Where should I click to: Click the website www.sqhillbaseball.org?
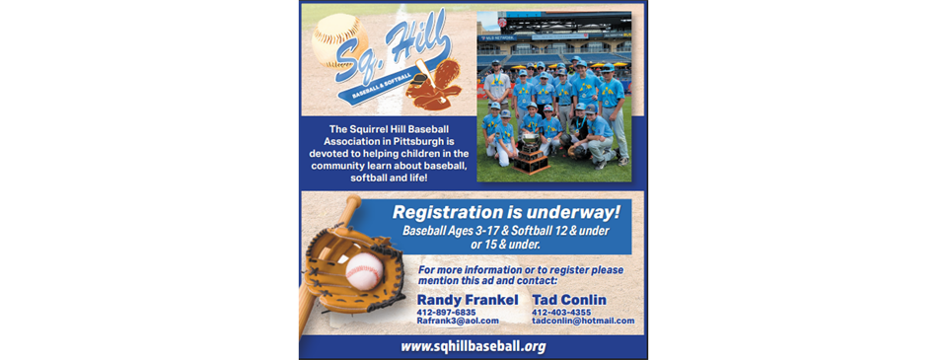pyautogui.click(x=473, y=346)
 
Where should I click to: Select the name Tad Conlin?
pyautogui.click(x=569, y=300)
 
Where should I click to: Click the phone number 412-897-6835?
pyautogui.click(x=447, y=312)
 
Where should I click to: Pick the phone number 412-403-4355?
pyautogui.click(x=561, y=312)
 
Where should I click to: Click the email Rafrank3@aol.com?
pyautogui.click(x=458, y=321)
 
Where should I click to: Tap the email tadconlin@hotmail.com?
pyautogui.click(x=582, y=321)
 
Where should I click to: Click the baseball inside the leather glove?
pyautogui.click(x=363, y=270)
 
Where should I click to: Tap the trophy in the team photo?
pyautogui.click(x=531, y=149)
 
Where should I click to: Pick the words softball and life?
pyautogui.click(x=386, y=179)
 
